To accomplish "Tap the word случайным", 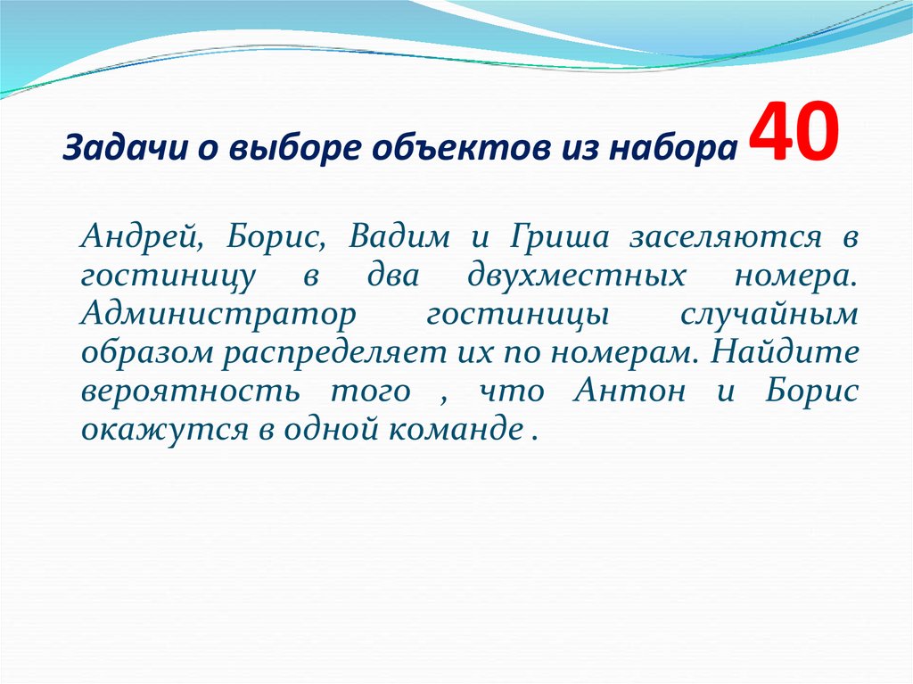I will [769, 315].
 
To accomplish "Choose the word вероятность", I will [175, 391].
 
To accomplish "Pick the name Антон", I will [631, 391].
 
